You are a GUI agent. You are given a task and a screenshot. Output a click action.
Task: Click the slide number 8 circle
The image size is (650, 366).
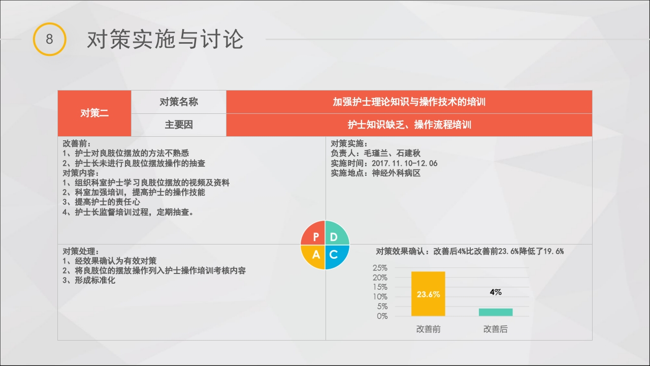click(49, 39)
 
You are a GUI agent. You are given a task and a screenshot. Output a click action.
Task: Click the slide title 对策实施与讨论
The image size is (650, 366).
click(165, 40)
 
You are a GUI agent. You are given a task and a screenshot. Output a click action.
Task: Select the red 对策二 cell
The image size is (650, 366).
click(94, 113)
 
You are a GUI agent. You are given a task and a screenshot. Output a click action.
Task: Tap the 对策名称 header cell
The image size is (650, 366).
click(179, 102)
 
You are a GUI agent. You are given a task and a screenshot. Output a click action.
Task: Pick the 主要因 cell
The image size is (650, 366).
click(179, 125)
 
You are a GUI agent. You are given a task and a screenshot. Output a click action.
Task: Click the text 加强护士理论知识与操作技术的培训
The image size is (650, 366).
click(409, 102)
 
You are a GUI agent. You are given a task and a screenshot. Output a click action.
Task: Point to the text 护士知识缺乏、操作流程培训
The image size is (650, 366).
click(409, 125)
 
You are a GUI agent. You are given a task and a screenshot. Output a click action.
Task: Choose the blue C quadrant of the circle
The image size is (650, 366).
click(335, 255)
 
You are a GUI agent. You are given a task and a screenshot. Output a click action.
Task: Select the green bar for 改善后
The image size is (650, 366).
click(496, 312)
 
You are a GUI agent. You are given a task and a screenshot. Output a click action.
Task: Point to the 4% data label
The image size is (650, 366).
click(496, 292)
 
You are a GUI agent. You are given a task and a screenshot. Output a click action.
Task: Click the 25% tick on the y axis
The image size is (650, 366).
click(380, 268)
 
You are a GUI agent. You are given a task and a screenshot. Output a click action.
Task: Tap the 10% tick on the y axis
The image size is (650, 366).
click(380, 297)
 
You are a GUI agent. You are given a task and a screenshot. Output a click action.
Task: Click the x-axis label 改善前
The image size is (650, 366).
click(428, 329)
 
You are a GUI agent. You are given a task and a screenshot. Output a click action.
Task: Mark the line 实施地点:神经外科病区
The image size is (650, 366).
click(376, 173)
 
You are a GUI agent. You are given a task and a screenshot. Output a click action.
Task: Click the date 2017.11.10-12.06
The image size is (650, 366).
click(405, 163)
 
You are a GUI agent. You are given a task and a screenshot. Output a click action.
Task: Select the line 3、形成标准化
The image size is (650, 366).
click(89, 280)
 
